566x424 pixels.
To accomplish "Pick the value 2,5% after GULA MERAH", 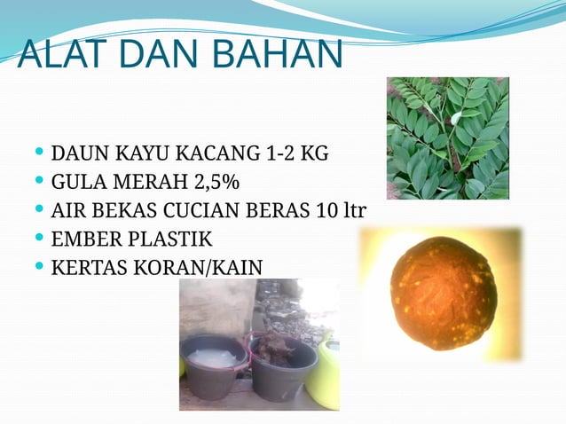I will click(x=216, y=183).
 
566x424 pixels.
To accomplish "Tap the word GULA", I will click(x=77, y=183).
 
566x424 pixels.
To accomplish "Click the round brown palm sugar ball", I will click(x=443, y=294).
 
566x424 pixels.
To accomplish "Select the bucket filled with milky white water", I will click(x=213, y=364).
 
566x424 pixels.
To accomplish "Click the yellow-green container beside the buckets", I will click(x=326, y=373).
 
